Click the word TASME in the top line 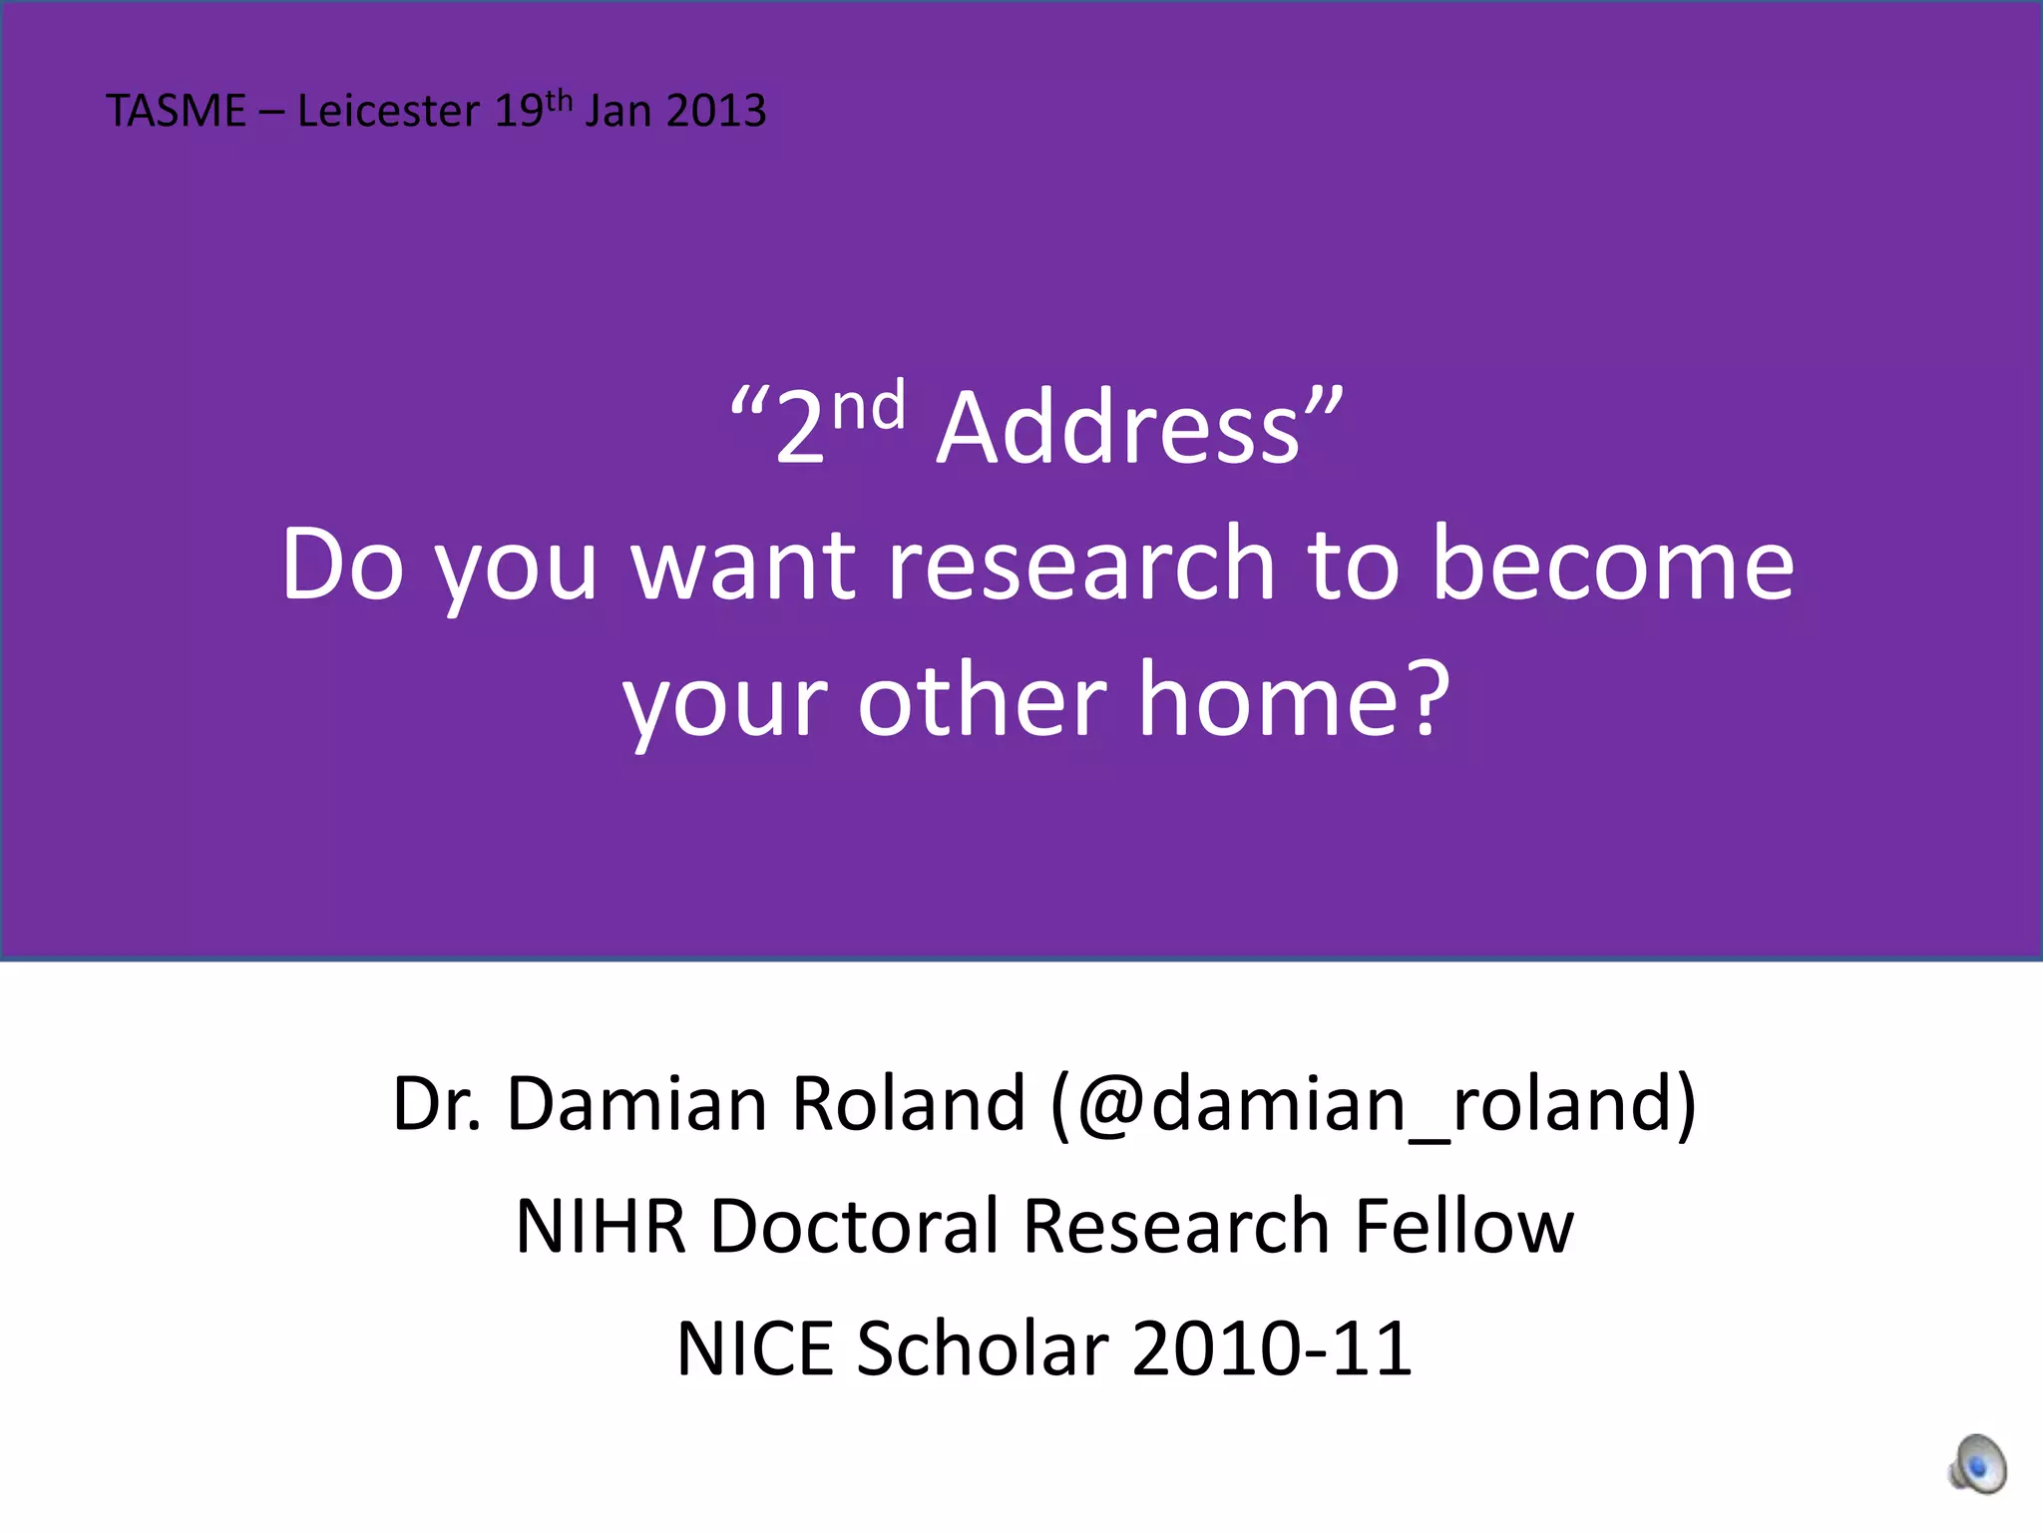(176, 111)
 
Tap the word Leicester (388, 111)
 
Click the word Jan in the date (618, 111)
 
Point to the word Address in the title (1118, 429)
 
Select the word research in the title (1080, 565)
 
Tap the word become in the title (1612, 565)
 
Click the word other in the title (982, 700)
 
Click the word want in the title (744, 567)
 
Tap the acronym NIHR (601, 1227)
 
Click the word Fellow (1463, 1227)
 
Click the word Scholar (983, 1349)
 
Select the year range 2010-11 (1272, 1349)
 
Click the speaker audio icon (1977, 1464)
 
